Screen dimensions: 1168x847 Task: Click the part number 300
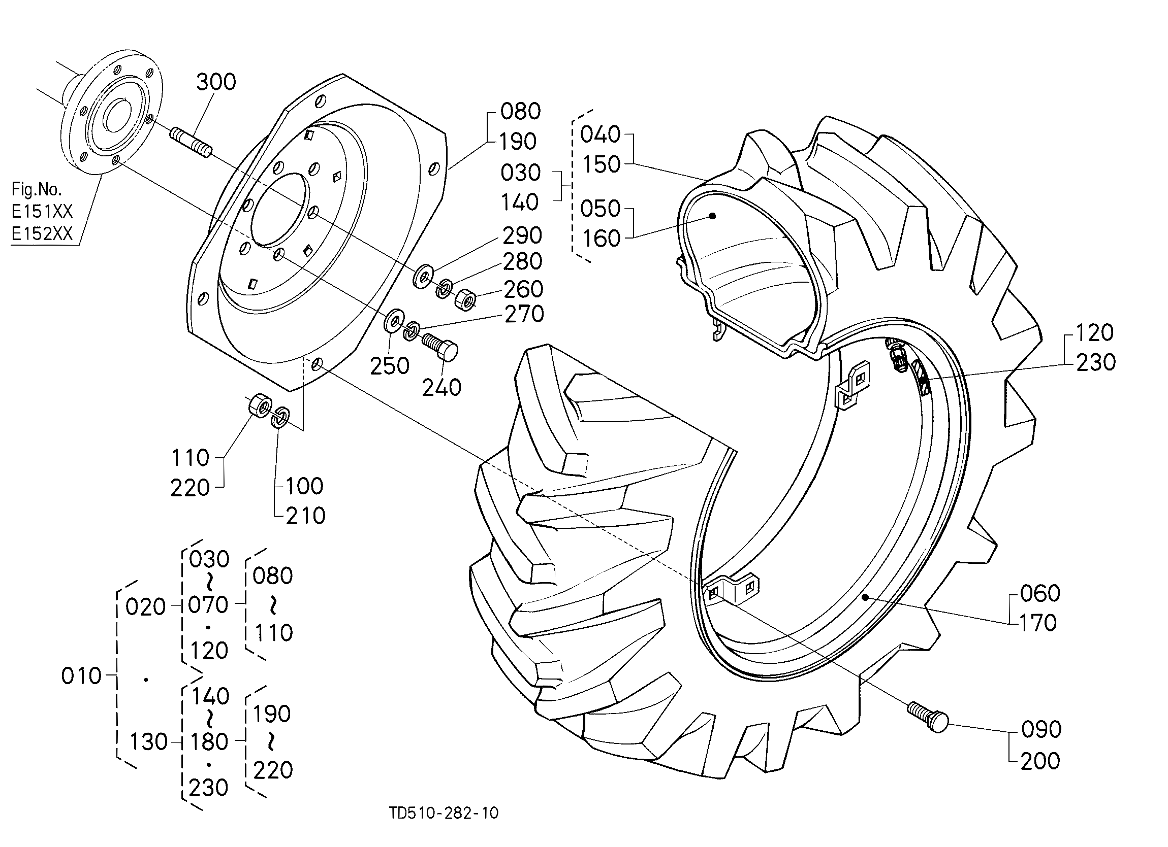tap(216, 82)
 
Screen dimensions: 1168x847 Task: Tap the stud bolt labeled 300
tap(190, 143)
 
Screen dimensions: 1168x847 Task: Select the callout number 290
tap(522, 235)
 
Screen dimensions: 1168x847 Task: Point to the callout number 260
tap(523, 289)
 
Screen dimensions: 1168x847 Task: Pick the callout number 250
tap(390, 366)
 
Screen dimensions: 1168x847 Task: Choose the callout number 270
tap(524, 314)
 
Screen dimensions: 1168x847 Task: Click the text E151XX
tap(42, 212)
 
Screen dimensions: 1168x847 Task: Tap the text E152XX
tap(42, 234)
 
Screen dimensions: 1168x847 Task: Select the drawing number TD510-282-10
tap(444, 812)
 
